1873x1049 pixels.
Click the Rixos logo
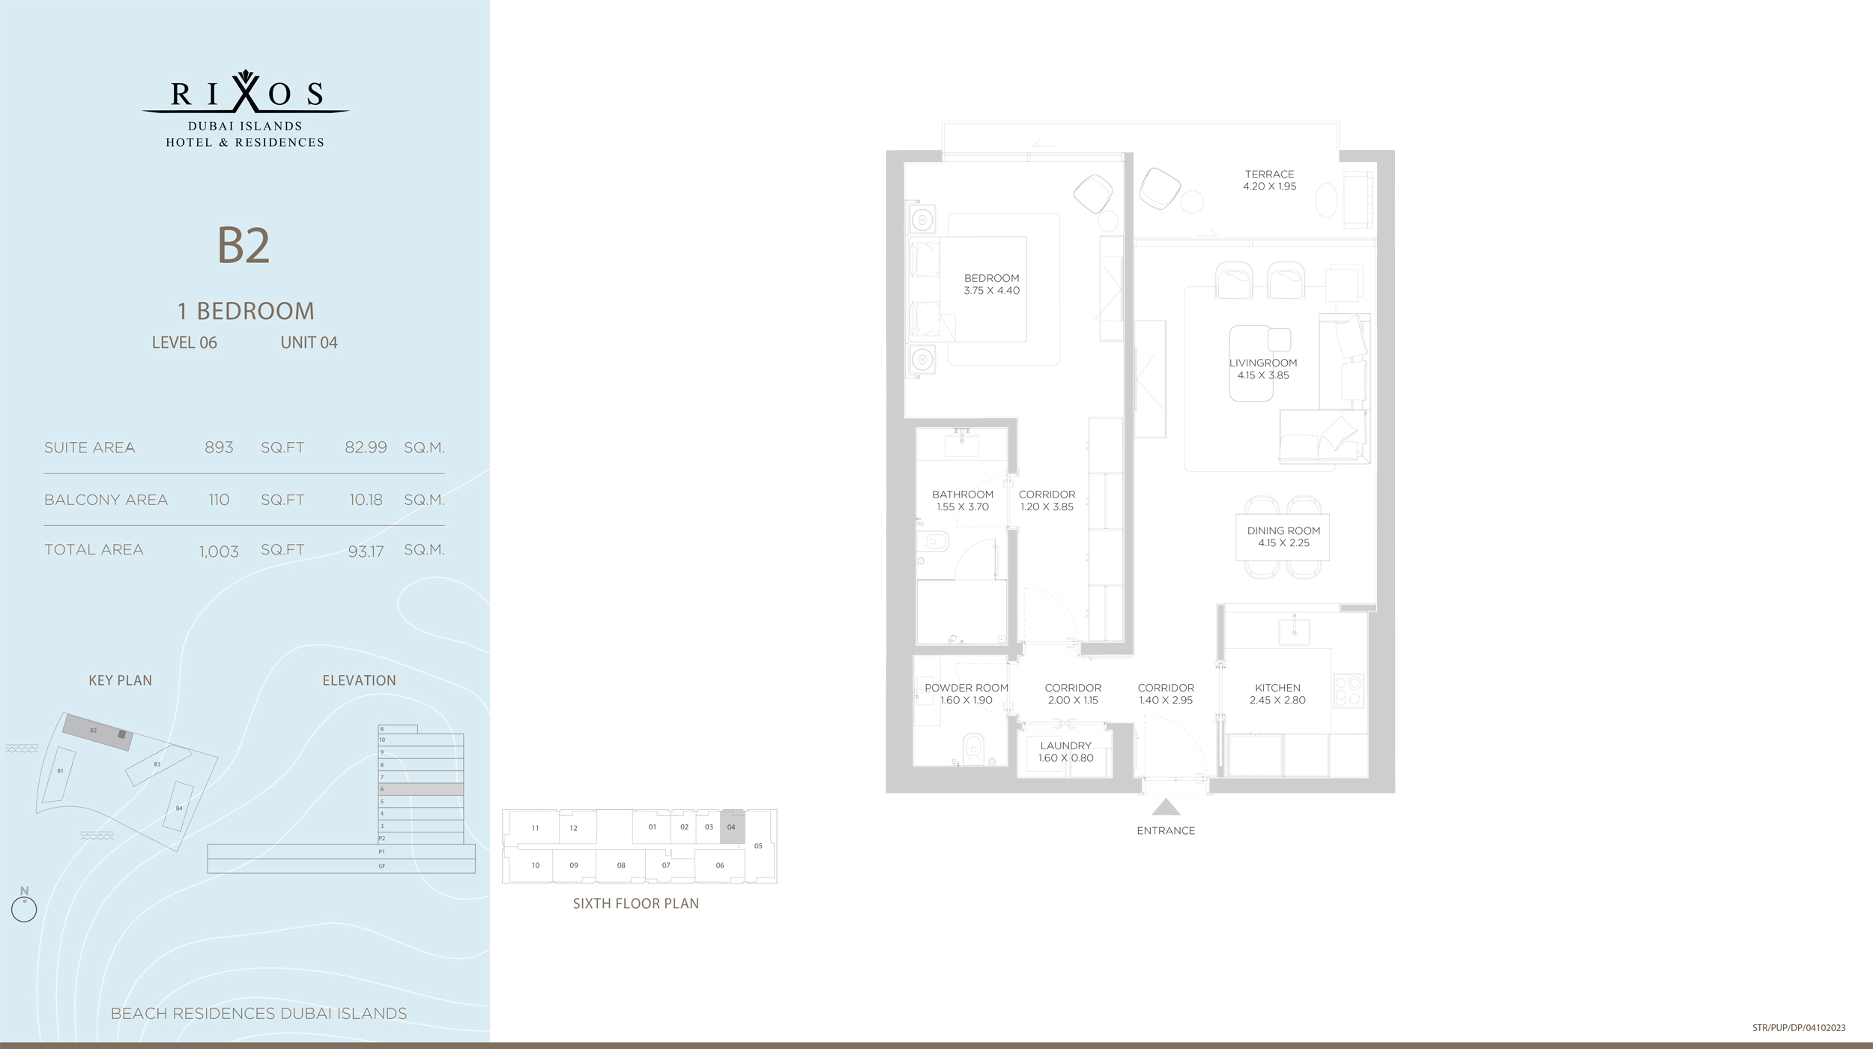tap(246, 109)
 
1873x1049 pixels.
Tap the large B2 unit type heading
tap(243, 245)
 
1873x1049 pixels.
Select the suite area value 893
tap(219, 447)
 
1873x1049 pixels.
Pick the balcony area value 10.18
tap(366, 500)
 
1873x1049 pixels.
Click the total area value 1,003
tap(219, 551)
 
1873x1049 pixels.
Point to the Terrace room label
tap(1269, 174)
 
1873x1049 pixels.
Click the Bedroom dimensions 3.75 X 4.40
tap(991, 291)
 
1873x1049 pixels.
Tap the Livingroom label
tap(1263, 363)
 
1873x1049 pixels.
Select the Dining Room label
tap(1283, 530)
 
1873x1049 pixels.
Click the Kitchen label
tap(1277, 688)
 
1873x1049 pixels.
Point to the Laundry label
tap(1065, 746)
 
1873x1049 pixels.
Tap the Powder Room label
tap(966, 688)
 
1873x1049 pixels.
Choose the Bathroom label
tap(963, 495)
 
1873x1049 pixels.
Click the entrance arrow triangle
tap(1166, 808)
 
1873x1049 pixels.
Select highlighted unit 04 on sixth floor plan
tap(732, 827)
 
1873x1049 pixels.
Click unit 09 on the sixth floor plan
tap(574, 865)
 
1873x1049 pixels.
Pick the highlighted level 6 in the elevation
tap(421, 789)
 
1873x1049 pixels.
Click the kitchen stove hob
tap(1349, 691)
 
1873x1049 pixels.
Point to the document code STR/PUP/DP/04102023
tap(1799, 1028)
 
